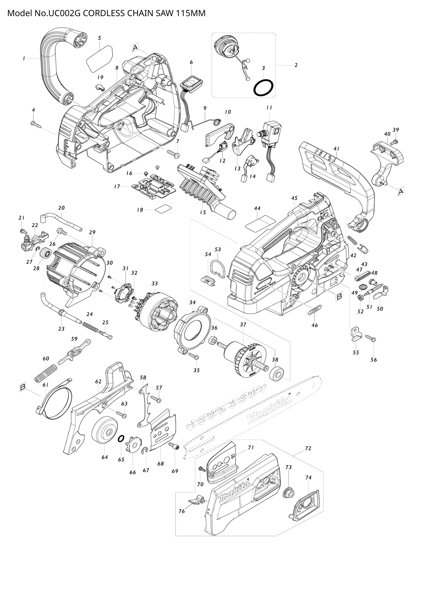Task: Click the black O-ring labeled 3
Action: pyautogui.click(x=264, y=87)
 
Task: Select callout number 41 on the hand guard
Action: pyautogui.click(x=336, y=149)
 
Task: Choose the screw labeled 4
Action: pyautogui.click(x=36, y=124)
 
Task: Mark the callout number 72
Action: pyautogui.click(x=308, y=448)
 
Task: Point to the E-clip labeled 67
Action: pyautogui.click(x=146, y=450)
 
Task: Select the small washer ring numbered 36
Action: pyautogui.click(x=213, y=340)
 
